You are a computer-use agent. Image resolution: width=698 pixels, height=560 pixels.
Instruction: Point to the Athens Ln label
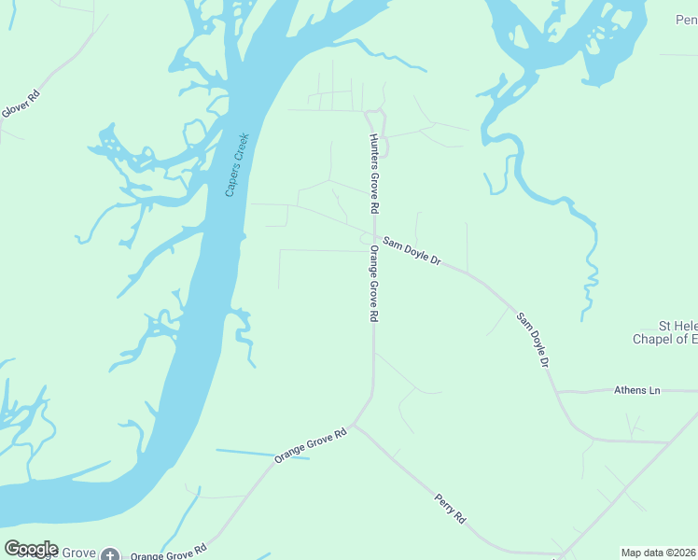coord(636,390)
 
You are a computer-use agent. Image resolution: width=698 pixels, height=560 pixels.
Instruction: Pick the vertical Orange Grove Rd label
coord(373,284)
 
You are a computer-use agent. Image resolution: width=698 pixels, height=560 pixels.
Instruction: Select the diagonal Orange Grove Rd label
coord(311,445)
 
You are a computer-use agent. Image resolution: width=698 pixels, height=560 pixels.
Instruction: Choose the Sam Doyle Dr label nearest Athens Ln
coord(532,340)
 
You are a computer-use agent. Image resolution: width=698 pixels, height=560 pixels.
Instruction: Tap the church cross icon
coord(110,554)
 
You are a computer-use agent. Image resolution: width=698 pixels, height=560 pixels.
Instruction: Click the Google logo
coord(31,549)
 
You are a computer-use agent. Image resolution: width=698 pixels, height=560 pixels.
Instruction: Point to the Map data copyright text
coord(658,553)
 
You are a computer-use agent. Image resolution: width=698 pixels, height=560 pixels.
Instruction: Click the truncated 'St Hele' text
coord(677,326)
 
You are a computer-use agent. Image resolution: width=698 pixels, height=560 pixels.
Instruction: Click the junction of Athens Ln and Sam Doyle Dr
coord(557,392)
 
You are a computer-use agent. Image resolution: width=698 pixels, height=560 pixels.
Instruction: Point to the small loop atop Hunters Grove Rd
coord(376,117)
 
